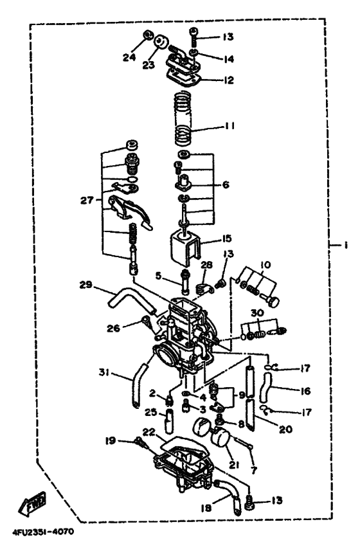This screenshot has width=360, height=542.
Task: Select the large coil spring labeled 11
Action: (184, 119)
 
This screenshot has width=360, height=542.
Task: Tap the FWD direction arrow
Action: (32, 507)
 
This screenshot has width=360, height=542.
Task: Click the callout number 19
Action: (111, 441)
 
